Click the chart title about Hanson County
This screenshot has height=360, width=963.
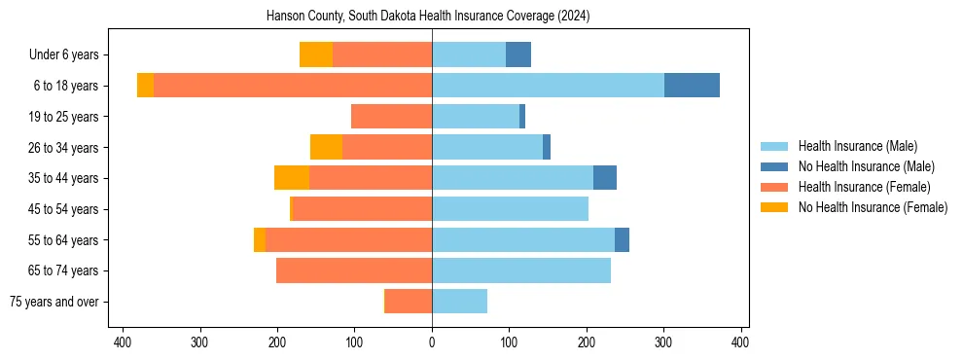click(428, 17)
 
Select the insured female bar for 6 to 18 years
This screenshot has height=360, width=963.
click(292, 86)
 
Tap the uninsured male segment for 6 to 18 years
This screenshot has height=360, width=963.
click(692, 86)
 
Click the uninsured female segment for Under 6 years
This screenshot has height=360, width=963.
click(316, 54)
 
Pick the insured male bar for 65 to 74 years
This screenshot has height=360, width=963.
click(521, 270)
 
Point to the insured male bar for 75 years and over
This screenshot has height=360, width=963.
click(459, 302)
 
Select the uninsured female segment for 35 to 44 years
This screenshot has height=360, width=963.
click(292, 178)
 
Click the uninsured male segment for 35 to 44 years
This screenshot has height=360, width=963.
click(605, 178)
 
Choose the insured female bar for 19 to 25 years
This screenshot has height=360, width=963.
click(391, 117)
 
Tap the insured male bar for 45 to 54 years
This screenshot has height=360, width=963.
click(510, 209)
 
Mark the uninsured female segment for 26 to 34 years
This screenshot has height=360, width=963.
click(326, 147)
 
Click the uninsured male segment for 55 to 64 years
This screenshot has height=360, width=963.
click(622, 239)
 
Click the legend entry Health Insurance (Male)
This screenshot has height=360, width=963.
click(857, 146)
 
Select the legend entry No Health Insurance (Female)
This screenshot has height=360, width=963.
click(873, 207)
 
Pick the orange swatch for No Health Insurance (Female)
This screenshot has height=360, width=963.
click(774, 207)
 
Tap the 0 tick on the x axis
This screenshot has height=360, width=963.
click(432, 342)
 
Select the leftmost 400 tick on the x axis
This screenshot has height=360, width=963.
click(123, 342)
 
